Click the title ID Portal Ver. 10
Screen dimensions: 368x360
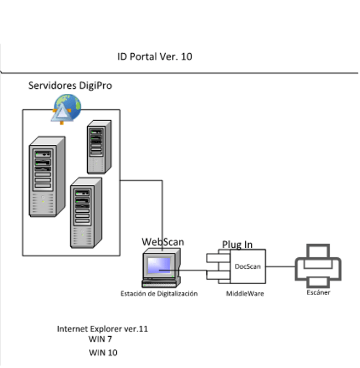pos(155,56)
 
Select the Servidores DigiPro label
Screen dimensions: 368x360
pos(70,86)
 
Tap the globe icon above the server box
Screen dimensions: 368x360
pos(66,107)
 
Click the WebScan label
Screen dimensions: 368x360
pos(163,242)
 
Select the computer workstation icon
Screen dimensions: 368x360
pos(161,268)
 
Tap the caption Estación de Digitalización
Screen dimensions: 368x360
pos(159,294)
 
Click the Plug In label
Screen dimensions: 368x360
pos(237,245)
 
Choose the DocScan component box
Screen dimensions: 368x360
pos(247,267)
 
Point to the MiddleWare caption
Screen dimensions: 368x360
pos(245,294)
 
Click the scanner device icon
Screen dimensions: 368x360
pos(318,266)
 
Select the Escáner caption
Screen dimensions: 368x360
pos(318,292)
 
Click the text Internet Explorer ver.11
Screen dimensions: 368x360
pos(103,329)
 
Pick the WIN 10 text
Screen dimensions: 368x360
pos(103,353)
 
